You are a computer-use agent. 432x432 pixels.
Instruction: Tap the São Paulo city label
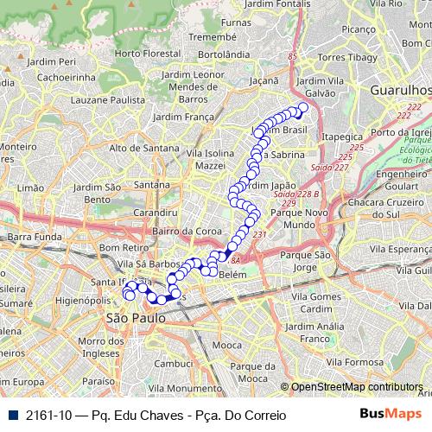click(133, 318)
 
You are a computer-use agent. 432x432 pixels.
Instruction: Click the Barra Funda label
click(35, 236)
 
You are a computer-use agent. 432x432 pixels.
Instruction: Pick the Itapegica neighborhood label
click(342, 137)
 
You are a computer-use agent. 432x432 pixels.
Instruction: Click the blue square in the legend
click(12, 415)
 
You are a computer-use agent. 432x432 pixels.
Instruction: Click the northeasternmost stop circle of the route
click(302, 108)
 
